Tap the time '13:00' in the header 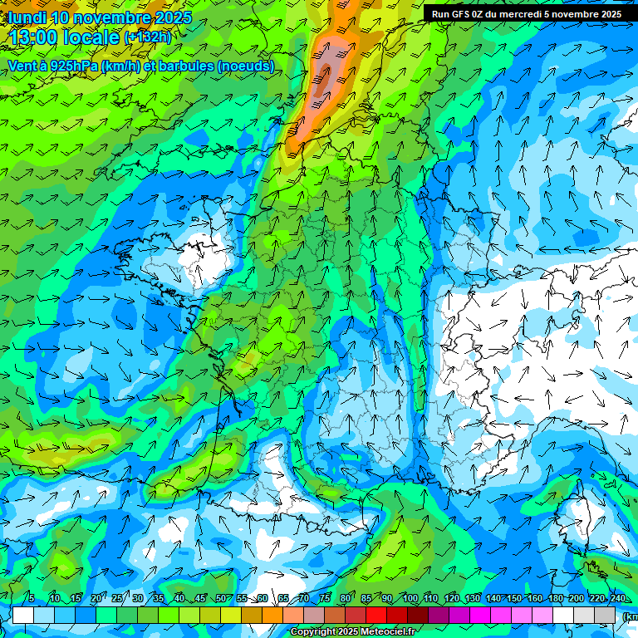[38, 37]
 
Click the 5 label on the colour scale [31, 599]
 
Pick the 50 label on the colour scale [221, 599]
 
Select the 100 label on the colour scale [410, 599]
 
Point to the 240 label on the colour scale [617, 599]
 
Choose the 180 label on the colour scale [555, 599]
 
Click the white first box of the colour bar [22, 615]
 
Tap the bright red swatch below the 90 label [376, 615]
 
